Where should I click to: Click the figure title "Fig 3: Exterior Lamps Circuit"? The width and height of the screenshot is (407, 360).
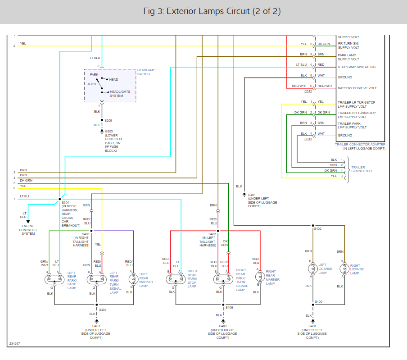pyautogui.click(x=212, y=11)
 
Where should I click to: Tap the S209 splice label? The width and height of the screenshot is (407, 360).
pyautogui.click(x=109, y=120)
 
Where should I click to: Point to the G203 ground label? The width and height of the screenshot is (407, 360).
pyautogui.click(x=109, y=131)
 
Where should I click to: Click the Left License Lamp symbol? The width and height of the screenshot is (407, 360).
pyautogui.click(x=312, y=269)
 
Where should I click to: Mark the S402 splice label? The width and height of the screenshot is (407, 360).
pyautogui.click(x=317, y=229)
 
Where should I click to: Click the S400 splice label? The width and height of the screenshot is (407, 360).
pyautogui.click(x=318, y=301)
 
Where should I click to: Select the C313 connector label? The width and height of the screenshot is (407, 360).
pyautogui.click(x=308, y=139)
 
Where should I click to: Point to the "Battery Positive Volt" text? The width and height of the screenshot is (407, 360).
pyautogui.click(x=357, y=88)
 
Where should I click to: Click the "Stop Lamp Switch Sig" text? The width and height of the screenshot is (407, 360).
pyautogui.click(x=357, y=67)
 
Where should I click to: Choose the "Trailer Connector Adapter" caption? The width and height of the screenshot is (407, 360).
pyautogui.click(x=360, y=144)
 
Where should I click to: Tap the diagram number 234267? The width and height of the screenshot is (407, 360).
pyautogui.click(x=14, y=344)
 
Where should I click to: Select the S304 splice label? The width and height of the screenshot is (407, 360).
pyautogui.click(x=65, y=203)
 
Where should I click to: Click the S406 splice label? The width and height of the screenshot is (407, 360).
pyautogui.click(x=229, y=308)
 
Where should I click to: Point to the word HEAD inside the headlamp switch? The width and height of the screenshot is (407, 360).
pyautogui.click(x=113, y=80)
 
